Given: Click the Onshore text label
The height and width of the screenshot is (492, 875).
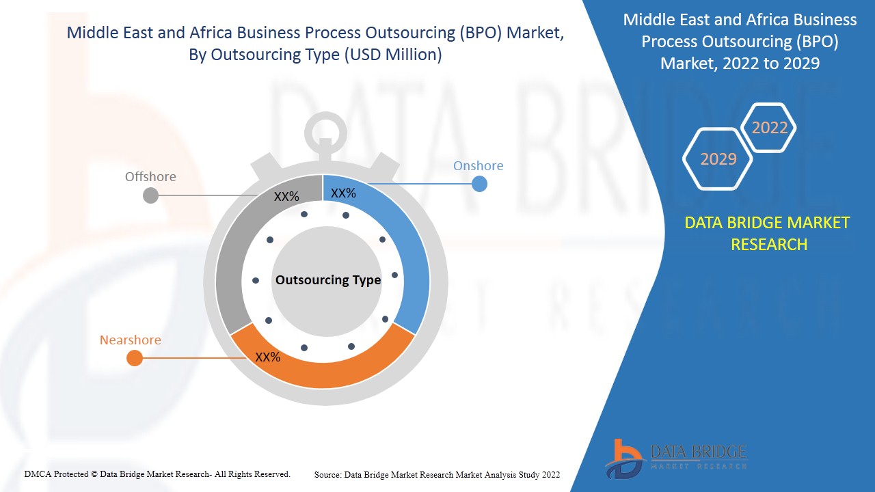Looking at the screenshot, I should pos(478,165).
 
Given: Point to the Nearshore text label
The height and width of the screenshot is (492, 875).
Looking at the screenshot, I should pos(130,340).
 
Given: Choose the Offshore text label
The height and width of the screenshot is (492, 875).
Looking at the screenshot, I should pos(150,176).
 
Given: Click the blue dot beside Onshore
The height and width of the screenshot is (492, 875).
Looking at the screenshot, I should pos(479,184).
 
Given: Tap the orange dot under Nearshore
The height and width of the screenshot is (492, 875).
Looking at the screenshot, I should pos(135,358).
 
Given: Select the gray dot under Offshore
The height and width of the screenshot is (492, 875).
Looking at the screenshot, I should pos(150,196).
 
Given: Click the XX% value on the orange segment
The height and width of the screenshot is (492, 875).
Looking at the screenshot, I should pos(268,357).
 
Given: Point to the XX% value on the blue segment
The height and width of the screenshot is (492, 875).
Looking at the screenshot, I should pos(343,193).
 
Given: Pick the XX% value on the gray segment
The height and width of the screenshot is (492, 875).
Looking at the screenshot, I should pos(286,197).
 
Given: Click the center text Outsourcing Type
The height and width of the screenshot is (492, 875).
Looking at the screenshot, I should pos(328,280).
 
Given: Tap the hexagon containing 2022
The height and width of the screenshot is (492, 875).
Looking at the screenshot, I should pos(769,127).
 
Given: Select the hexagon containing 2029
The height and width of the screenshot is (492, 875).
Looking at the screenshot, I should pos(718,159).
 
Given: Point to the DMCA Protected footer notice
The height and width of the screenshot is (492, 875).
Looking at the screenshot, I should pos(157,474).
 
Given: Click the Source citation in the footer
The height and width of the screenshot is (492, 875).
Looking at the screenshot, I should pos(437,474).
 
